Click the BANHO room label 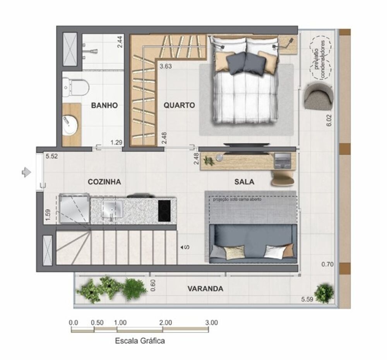click(104, 105)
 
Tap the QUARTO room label click(179, 105)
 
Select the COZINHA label click(104, 182)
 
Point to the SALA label click(244, 182)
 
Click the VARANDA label click(205, 289)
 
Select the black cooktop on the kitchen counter click(166, 211)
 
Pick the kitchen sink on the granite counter click(111, 210)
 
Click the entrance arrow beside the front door click(26, 172)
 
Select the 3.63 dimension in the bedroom click(166, 66)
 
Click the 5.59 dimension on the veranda click(308, 299)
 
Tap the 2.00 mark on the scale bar click(165, 322)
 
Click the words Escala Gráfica click(140, 341)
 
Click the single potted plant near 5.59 click(324, 293)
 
